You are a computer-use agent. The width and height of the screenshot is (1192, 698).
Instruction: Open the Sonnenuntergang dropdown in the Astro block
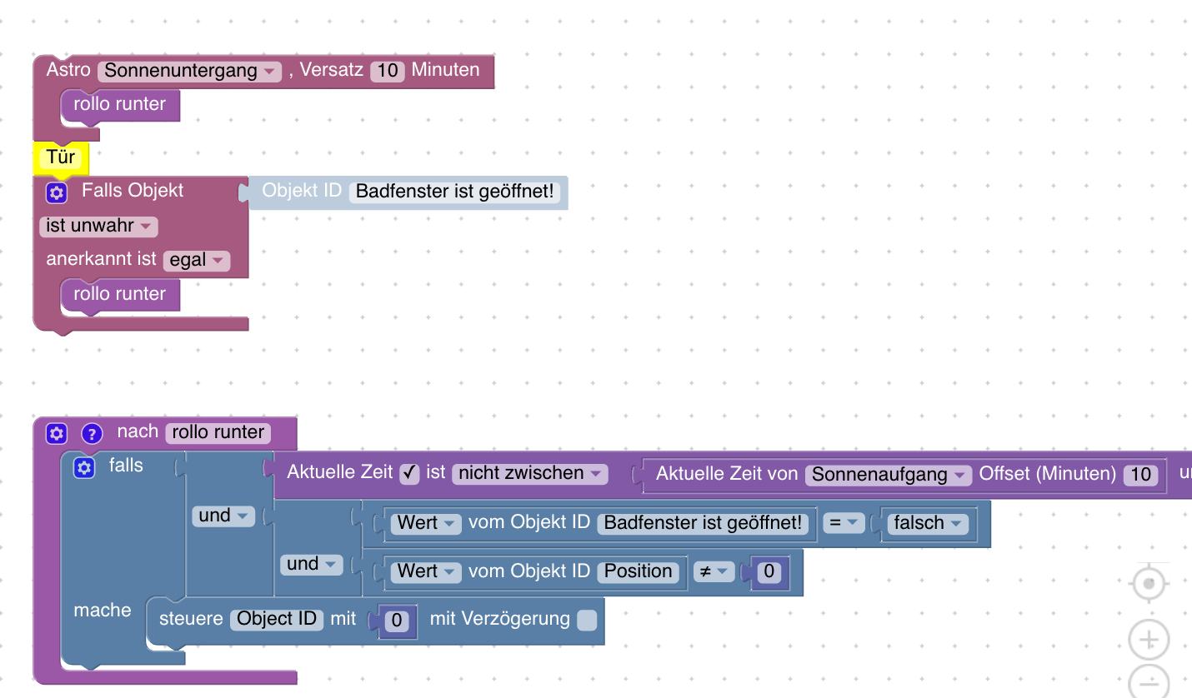(190, 71)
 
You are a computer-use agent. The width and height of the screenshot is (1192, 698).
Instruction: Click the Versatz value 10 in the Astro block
(388, 71)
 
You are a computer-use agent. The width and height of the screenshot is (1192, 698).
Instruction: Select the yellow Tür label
(61, 157)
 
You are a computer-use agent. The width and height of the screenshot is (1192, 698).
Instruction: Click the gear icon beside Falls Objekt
(56, 192)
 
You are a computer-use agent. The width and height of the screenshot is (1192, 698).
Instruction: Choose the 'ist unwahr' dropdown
(98, 226)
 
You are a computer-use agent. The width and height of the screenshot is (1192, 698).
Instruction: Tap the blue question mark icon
(92, 433)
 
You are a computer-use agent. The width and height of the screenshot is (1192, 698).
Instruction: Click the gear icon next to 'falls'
(83, 467)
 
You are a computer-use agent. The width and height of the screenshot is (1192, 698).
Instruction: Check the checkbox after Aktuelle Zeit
(409, 473)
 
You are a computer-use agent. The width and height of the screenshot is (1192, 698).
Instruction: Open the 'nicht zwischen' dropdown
(529, 474)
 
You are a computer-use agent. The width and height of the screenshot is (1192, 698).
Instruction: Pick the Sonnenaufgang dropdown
(889, 475)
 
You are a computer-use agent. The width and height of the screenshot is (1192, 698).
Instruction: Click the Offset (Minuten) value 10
(1139, 475)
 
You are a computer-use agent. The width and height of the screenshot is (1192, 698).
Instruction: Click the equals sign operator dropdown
(843, 523)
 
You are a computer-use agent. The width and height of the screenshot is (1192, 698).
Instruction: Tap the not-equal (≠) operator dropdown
(714, 571)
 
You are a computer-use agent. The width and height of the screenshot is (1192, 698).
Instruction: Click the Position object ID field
(638, 571)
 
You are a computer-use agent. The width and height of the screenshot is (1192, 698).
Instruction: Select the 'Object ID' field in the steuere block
(277, 619)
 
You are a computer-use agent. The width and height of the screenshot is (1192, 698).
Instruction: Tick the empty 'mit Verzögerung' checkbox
(587, 620)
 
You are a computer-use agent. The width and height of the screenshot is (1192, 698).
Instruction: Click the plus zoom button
(1149, 641)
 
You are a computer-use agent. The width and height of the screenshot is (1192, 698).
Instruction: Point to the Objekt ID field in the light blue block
(454, 192)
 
